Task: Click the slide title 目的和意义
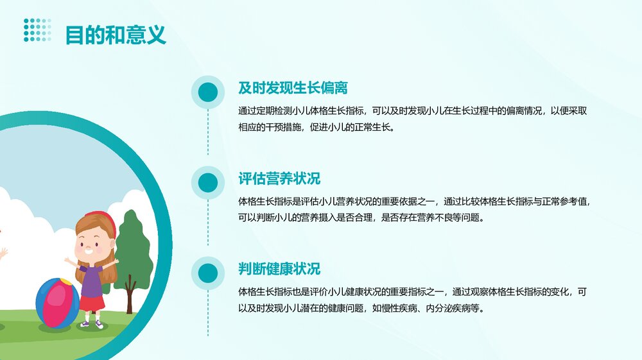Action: (116, 35)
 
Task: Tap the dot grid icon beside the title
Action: (37, 30)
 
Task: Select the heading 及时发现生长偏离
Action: (293, 88)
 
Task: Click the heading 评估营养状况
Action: (279, 178)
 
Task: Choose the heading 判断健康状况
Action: (279, 269)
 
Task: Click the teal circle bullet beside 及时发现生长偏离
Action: (207, 92)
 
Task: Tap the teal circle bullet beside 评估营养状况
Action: (207, 183)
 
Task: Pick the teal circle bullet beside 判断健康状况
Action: (207, 273)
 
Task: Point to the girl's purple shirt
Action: (91, 279)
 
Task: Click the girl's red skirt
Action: (92, 302)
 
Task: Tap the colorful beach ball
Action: (57, 304)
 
